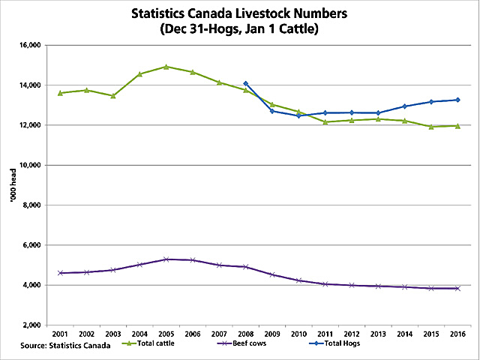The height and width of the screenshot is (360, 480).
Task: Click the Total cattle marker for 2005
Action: click(x=166, y=67)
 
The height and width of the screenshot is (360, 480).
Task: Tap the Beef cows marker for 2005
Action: click(x=166, y=259)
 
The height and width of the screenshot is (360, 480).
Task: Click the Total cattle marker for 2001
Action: click(x=60, y=93)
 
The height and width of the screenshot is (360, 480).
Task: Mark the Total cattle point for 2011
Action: click(x=325, y=121)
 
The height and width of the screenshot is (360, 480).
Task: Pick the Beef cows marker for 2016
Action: click(x=457, y=288)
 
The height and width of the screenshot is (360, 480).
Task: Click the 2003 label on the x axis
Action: click(x=113, y=333)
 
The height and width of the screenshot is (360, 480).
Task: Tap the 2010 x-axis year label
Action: click(x=298, y=333)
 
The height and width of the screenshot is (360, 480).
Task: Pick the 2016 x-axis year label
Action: click(x=457, y=333)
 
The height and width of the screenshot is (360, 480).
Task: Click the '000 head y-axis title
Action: click(x=10, y=185)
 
